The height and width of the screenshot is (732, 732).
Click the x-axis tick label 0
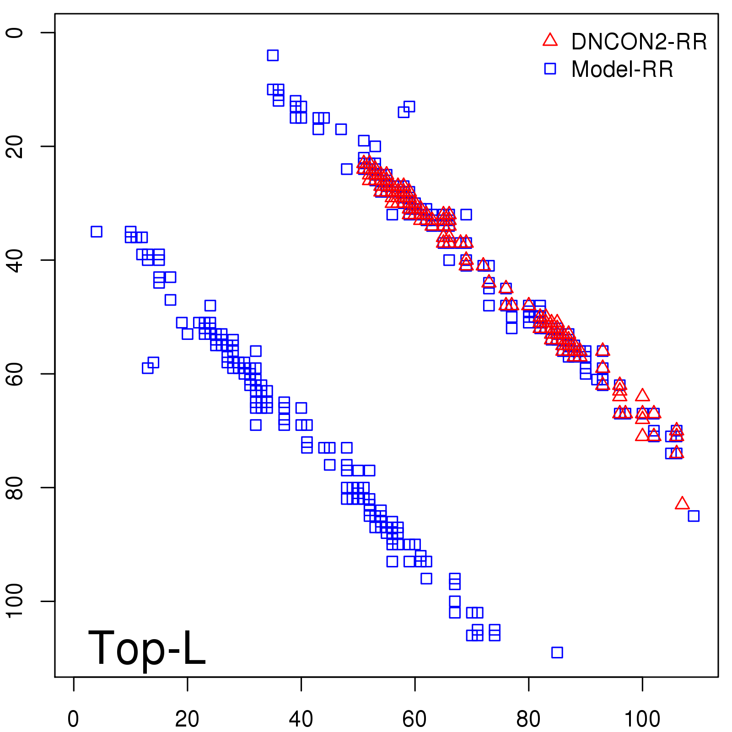coord(73,719)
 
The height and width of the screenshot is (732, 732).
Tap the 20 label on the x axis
coord(187,719)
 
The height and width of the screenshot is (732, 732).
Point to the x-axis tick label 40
coord(301,719)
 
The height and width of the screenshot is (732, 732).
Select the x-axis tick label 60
coord(414,719)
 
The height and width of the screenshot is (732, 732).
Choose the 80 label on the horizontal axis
coord(528,719)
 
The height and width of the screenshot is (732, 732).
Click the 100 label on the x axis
coord(642,719)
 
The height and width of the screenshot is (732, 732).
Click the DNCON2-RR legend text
coord(639,42)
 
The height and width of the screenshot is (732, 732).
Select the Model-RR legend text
coord(622,70)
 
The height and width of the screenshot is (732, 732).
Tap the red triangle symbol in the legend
coord(550,40)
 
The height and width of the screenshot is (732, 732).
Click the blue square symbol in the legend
coord(550,69)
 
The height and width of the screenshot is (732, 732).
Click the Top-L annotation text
coord(146,648)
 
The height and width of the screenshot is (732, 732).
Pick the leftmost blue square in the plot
coord(96,231)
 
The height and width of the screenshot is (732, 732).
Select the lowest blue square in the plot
coord(557,652)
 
